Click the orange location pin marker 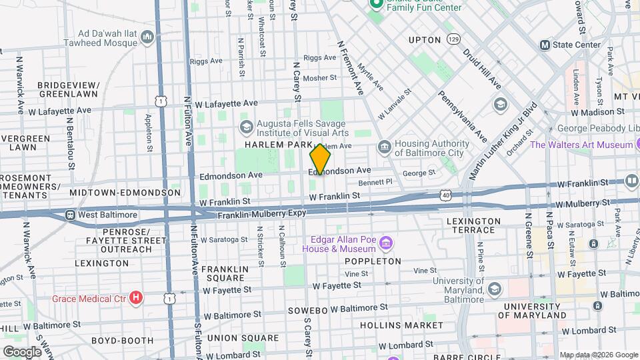320,159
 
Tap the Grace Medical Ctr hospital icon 136,297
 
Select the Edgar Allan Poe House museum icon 386,240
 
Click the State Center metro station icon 545,45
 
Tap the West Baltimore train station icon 70,215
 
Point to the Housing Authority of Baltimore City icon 384,147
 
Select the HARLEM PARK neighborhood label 274,145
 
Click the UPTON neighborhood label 425,40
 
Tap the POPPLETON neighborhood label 373,261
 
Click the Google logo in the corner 22,351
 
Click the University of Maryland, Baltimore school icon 494,289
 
